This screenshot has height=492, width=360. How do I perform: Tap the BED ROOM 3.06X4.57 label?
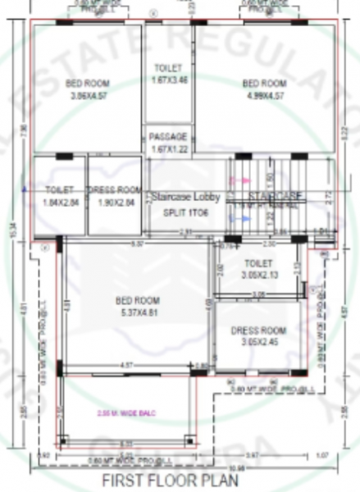88,89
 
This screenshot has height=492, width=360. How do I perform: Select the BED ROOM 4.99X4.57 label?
264,89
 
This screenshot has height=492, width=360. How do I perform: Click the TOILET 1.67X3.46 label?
170,74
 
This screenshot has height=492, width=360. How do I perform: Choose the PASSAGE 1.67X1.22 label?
169,142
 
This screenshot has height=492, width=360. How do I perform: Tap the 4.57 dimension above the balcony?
127,364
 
